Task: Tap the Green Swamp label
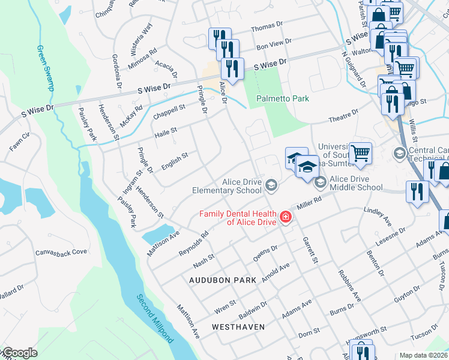[46, 68]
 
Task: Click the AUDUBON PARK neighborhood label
[223, 280]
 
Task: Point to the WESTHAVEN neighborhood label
[237, 327]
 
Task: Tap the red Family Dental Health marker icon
[286, 217]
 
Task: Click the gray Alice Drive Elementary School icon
[271, 185]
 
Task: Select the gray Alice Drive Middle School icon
[320, 181]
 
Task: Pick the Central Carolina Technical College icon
[400, 154]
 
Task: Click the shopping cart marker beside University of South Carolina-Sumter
[360, 153]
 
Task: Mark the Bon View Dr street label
[273, 44]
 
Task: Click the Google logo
[19, 353]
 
